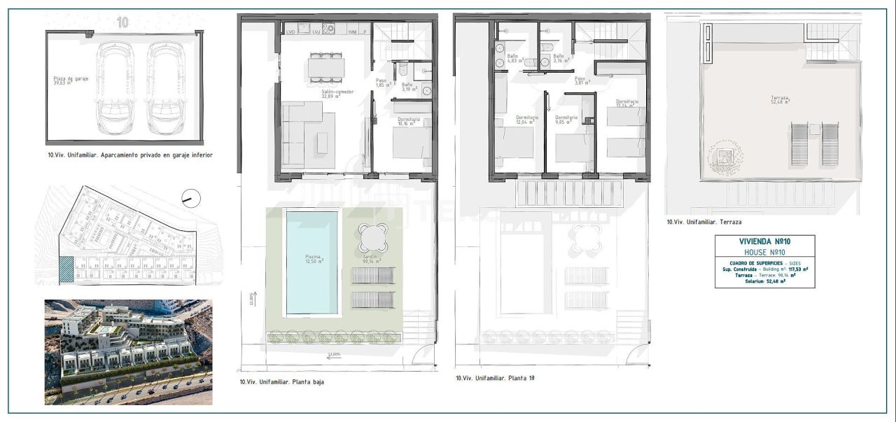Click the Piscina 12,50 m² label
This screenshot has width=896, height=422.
[313, 259]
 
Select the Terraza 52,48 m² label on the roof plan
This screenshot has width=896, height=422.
[780, 100]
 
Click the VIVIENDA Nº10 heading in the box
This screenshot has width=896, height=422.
[764, 241]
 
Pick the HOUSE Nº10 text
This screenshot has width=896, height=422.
[764, 252]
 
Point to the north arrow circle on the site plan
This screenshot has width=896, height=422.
[190, 199]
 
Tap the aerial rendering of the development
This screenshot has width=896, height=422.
[128, 352]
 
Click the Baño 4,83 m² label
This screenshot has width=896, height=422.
[512, 58]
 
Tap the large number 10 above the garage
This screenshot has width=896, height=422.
[122, 22]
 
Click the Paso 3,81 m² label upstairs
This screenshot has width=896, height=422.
[582, 80]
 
